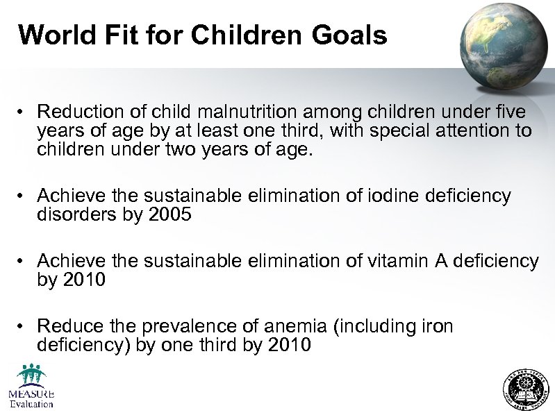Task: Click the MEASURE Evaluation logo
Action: [x=31, y=387]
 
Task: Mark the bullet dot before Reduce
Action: [x=23, y=327]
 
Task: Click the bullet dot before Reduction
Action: [x=23, y=112]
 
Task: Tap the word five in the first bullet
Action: [x=510, y=112]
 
